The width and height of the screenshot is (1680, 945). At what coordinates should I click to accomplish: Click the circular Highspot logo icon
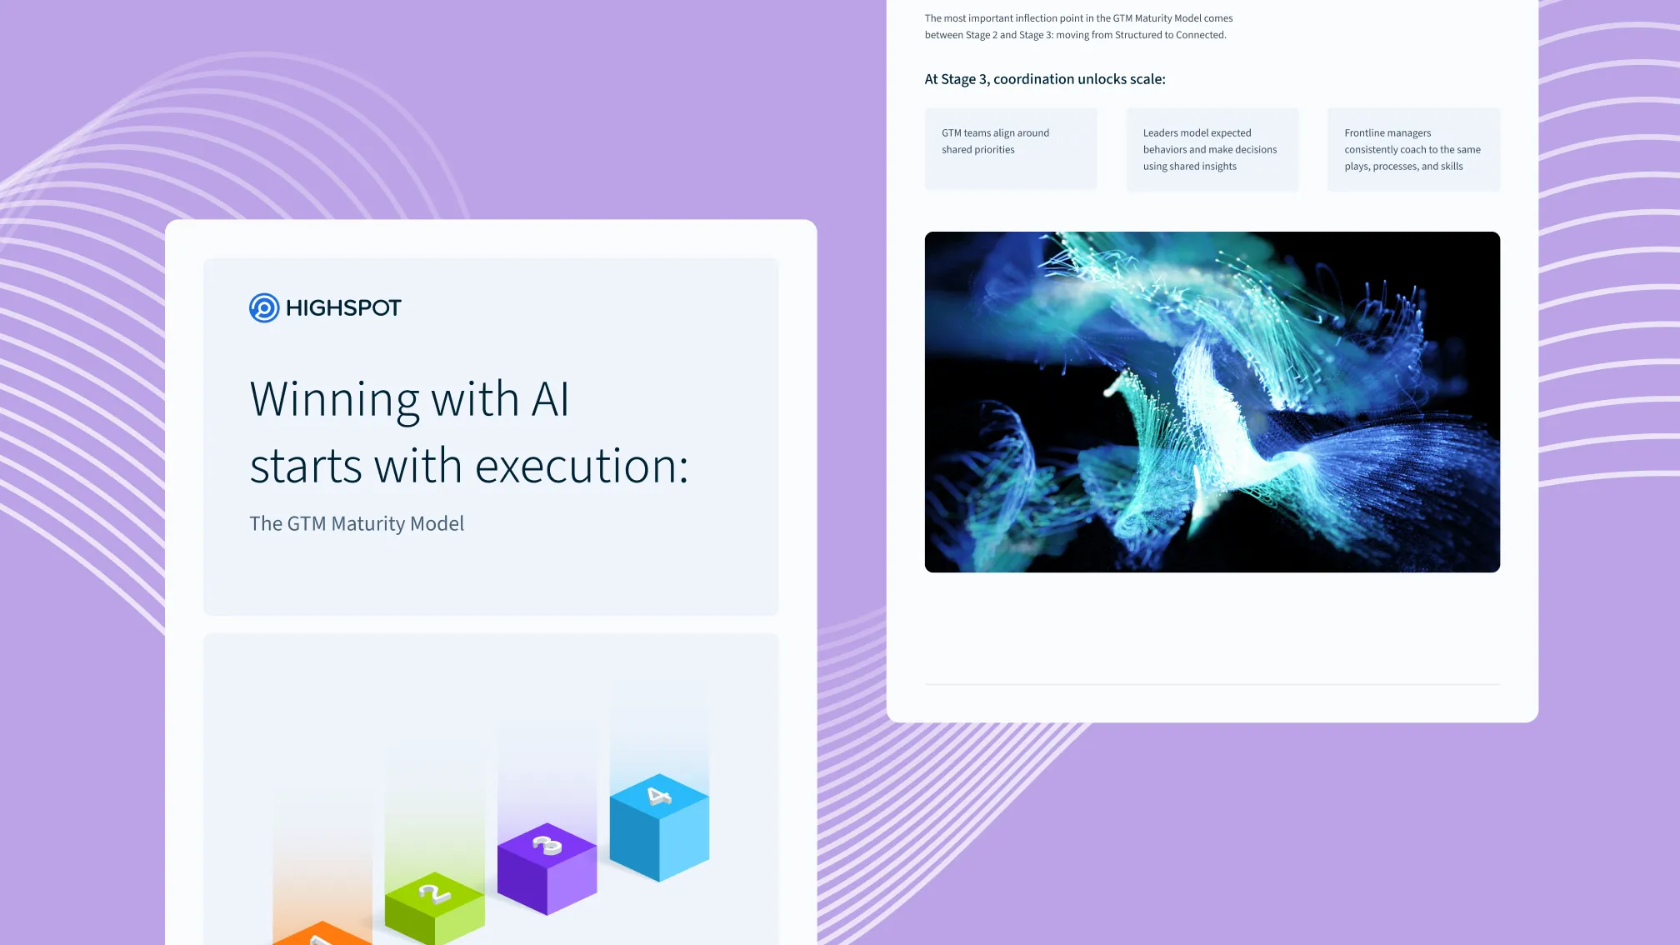pos(264,307)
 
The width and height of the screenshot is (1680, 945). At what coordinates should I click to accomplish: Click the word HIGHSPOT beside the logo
pos(343,307)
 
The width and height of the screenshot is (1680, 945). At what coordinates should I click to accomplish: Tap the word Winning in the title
pos(334,400)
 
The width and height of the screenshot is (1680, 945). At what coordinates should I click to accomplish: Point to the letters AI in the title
pos(550,398)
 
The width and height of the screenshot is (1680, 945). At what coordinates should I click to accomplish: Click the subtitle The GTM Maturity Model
pos(357,523)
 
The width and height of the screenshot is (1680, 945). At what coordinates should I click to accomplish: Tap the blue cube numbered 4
pos(659,827)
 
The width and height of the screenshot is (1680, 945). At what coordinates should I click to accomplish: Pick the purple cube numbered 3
pos(547,868)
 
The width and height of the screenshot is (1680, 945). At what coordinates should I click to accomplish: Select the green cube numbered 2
pos(434,908)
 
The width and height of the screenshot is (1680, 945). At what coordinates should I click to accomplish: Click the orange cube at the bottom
pos(322,933)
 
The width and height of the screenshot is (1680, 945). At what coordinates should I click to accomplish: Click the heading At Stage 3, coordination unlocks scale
pos(1045,79)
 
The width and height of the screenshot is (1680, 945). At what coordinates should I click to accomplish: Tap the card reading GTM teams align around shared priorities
pos(1011,149)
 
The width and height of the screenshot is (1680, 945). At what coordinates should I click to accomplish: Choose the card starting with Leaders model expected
pos(1212,149)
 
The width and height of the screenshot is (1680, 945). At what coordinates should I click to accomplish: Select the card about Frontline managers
pos(1413,149)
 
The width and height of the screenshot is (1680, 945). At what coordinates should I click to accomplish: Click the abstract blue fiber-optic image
pos(1212,402)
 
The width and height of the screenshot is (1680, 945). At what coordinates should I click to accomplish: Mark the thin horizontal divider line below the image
pos(1212,684)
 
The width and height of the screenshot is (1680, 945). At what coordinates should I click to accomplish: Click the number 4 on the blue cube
pos(659,797)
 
